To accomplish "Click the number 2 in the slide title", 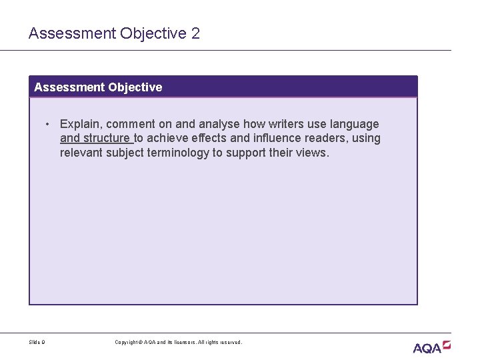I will pyautogui.click(x=195, y=33).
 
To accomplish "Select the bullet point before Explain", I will pyautogui.click(x=49, y=124).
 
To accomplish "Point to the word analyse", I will pyautogui.click(x=217, y=124).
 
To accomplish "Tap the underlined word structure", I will pyautogui.click(x=107, y=139).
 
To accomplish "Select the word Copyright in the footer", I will pyautogui.click(x=127, y=343).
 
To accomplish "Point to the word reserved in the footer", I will pyautogui.click(x=230, y=343).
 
